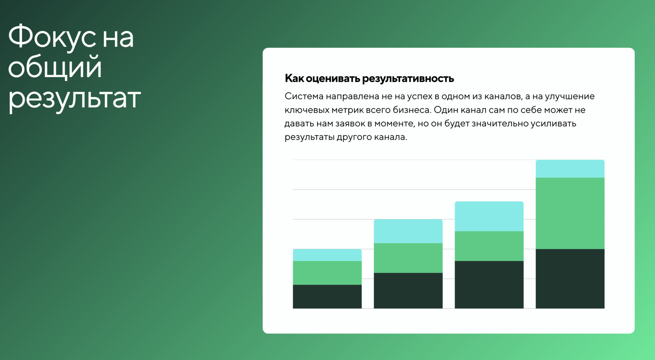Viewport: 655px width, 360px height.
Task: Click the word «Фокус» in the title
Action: [51, 37]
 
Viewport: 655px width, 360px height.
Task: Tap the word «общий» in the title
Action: [55, 67]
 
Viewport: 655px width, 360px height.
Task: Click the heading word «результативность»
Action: [408, 79]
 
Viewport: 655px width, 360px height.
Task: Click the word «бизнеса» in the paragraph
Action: [411, 110]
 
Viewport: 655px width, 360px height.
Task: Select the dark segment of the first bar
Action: [327, 296]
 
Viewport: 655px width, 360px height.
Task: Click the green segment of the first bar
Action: [327, 273]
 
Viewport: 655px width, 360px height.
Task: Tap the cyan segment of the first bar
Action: [327, 255]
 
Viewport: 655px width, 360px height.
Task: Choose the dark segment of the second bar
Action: [408, 291]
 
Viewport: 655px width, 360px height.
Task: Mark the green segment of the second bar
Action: [408, 258]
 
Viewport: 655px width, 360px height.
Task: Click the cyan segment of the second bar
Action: [408, 231]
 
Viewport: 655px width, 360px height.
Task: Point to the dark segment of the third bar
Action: [489, 285]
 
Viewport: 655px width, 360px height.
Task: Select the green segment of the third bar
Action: [489, 246]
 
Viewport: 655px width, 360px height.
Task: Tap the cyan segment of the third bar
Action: [489, 216]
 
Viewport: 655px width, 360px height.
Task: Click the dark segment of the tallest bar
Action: [570, 278]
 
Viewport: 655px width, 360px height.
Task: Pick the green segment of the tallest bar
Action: [570, 213]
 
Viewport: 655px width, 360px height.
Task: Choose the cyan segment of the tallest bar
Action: [570, 169]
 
